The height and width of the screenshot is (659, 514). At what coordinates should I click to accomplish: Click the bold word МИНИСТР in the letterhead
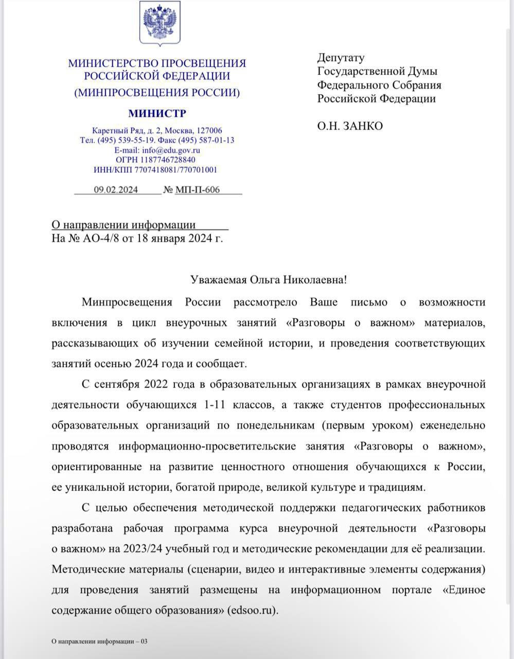[x=157, y=113]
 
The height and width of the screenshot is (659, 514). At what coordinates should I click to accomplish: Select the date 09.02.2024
[x=116, y=189]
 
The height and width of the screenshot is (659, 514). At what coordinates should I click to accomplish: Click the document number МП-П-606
[x=198, y=189]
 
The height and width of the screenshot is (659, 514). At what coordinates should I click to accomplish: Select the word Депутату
[x=341, y=58]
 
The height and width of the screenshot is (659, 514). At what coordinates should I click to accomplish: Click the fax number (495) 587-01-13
[x=204, y=140]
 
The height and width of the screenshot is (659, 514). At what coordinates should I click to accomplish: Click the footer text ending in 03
[x=99, y=641]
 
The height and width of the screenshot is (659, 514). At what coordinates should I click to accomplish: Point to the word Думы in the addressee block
[x=422, y=71]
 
